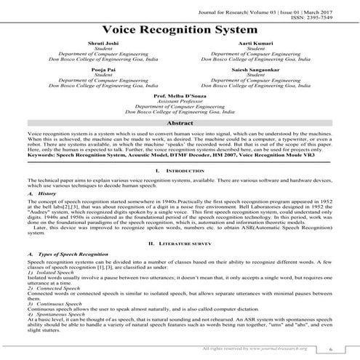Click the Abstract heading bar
(x=180, y=124)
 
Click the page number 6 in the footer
(x=329, y=350)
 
